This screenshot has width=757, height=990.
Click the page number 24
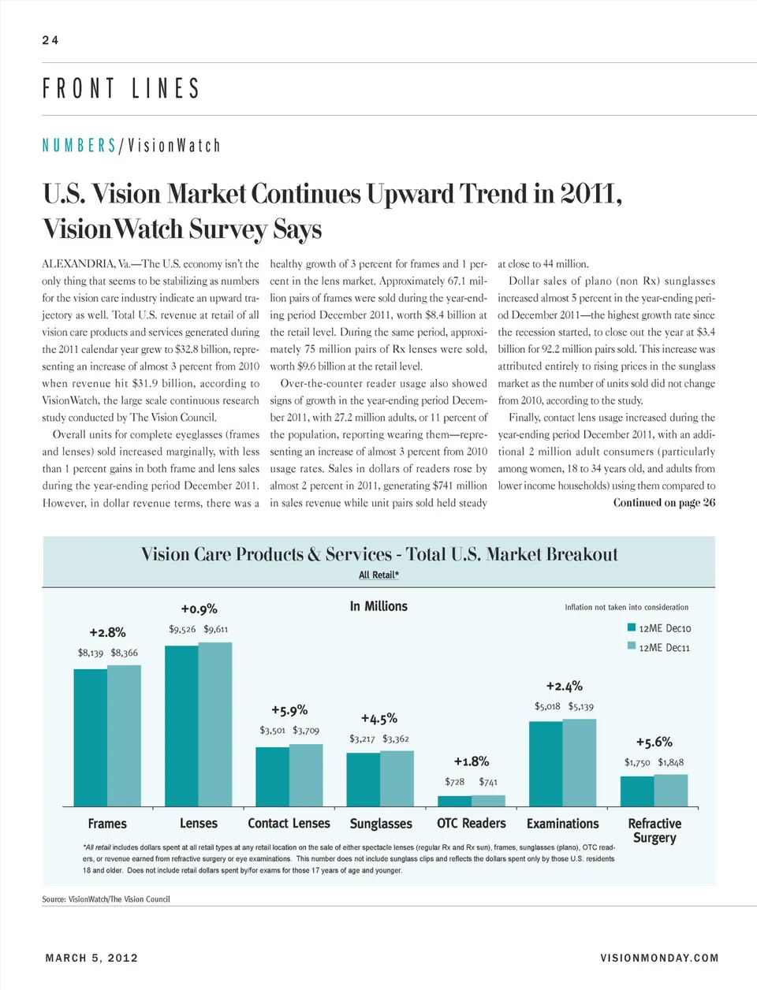click(x=50, y=40)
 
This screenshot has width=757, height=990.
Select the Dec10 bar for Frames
click(x=90, y=737)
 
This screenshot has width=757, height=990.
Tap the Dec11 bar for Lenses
click(x=215, y=724)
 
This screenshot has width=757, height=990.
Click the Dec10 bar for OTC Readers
click(x=454, y=801)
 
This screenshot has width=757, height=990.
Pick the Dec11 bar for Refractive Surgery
click(x=671, y=790)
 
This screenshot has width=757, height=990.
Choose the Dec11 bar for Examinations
click(x=580, y=762)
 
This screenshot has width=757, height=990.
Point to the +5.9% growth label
click(x=289, y=710)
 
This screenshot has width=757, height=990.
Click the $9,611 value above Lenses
click(x=216, y=629)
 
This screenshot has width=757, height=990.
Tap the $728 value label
click(x=454, y=782)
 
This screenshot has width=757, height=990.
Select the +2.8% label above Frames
click(x=107, y=632)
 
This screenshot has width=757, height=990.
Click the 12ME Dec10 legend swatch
click(x=632, y=628)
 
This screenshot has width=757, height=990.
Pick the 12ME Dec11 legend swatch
click(x=632, y=646)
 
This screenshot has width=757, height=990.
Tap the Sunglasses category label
click(x=381, y=824)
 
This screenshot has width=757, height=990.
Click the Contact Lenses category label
click(x=289, y=824)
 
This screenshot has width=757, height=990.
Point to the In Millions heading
click(x=378, y=606)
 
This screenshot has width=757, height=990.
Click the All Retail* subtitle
click(x=378, y=575)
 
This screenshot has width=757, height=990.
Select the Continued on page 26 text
click(x=664, y=503)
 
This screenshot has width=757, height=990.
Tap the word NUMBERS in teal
click(x=79, y=146)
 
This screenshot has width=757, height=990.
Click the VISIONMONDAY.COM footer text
click(x=659, y=958)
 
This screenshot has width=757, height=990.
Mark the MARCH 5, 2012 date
click(x=91, y=958)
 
